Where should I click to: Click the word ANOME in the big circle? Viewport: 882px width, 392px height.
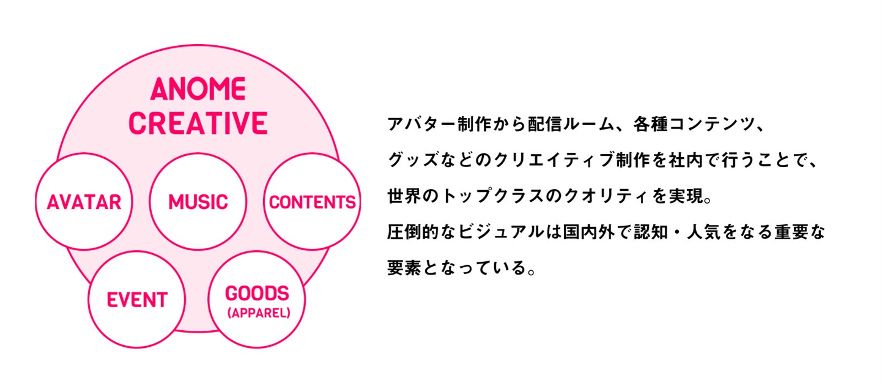point(198,89)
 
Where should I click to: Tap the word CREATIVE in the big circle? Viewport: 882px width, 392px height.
point(198,123)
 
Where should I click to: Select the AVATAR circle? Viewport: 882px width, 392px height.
point(84,202)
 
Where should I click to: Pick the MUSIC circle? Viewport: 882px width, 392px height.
point(198,202)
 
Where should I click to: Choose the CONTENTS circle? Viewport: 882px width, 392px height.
point(312,202)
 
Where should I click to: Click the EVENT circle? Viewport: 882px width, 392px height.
point(137,300)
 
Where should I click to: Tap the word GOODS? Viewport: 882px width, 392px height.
point(257,293)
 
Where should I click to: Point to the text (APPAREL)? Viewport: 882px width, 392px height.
point(258,313)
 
